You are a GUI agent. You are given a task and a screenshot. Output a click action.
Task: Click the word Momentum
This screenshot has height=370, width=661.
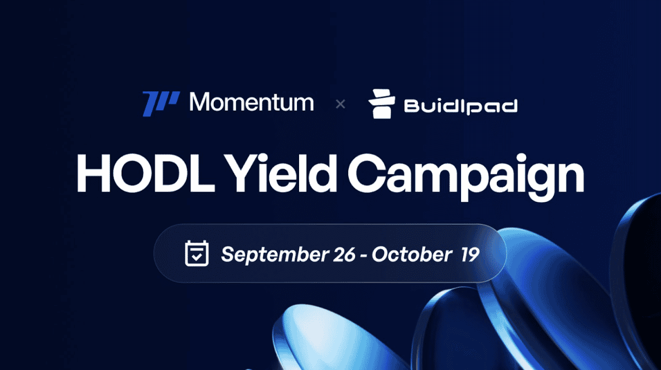(251, 103)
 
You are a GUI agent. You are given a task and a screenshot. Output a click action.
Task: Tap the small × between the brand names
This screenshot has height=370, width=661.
(340, 104)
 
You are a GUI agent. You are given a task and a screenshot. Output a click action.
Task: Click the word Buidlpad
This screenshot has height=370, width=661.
(460, 106)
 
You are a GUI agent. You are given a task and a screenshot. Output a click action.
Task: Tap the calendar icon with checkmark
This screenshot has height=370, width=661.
(196, 254)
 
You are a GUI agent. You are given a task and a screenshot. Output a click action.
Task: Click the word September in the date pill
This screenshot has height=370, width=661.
(272, 255)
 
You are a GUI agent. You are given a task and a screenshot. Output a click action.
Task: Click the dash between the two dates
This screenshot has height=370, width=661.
(362, 255)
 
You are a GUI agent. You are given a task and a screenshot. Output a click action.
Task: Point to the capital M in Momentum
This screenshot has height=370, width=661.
(201, 103)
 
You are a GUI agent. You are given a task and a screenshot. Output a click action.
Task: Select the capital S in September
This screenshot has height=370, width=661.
(227, 255)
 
